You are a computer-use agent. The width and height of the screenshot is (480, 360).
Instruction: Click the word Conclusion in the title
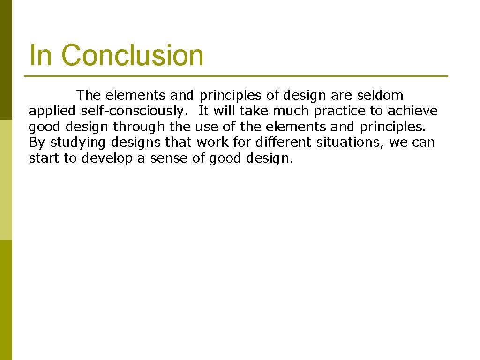pyautogui.click(x=133, y=55)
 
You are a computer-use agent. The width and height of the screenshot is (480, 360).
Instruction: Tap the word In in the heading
pyautogui.click(x=40, y=55)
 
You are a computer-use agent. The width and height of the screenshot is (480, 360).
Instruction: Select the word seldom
pyautogui.click(x=380, y=96)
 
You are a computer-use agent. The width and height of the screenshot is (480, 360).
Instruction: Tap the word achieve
pyautogui.click(x=412, y=111)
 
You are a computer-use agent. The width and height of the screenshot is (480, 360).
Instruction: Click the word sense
pyautogui.click(x=169, y=158)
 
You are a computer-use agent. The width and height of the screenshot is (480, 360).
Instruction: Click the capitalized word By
pyautogui.click(x=37, y=142)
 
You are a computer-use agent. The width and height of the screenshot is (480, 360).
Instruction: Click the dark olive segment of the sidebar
pyautogui.click(x=6, y=60)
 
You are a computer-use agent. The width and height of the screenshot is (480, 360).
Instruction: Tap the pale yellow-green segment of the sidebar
pyautogui.click(x=6, y=180)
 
